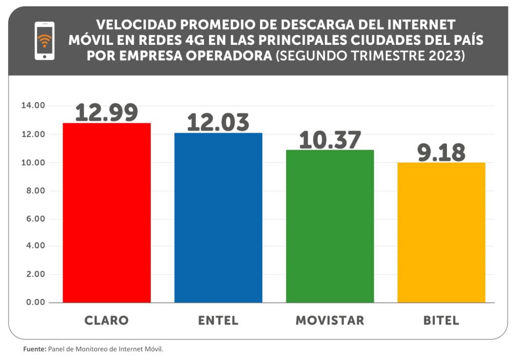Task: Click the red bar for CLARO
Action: coord(106,212)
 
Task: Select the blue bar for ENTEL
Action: coord(218,217)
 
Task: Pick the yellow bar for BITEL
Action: coord(441,232)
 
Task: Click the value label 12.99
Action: coord(106,112)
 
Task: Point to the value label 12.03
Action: coord(218,123)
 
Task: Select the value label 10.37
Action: coord(330,140)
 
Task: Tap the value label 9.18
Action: coord(441,152)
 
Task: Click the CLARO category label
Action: coord(106,321)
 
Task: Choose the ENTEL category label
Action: coord(218,321)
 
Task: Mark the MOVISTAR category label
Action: coord(330,321)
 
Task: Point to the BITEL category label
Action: coord(441,321)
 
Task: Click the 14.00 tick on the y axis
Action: coord(33,105)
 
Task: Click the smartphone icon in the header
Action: coord(44,41)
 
